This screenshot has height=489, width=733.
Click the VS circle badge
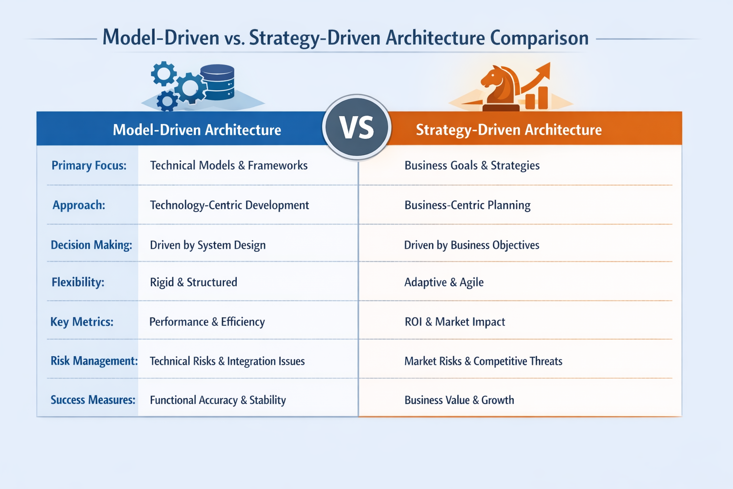[x=356, y=128]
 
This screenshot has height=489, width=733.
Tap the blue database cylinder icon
[x=217, y=82]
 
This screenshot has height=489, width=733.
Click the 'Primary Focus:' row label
[x=89, y=165]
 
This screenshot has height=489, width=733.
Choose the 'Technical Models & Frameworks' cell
[x=229, y=165]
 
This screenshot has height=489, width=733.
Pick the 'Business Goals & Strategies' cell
[x=472, y=165]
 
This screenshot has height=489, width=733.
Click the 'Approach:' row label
[x=79, y=205]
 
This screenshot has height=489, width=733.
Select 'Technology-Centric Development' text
[x=230, y=205]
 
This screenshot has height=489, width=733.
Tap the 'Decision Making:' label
[x=91, y=245]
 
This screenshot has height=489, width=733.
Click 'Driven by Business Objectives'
[x=471, y=245]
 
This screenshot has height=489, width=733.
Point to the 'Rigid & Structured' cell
[x=193, y=282]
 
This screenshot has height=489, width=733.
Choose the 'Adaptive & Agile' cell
[x=444, y=282]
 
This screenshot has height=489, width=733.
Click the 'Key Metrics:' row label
[x=82, y=322]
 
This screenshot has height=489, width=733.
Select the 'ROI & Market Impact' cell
[x=455, y=322]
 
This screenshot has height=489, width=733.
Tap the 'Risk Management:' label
[x=94, y=361]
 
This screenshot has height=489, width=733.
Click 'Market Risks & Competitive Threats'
[x=483, y=361]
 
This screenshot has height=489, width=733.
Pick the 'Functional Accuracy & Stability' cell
[x=218, y=400]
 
